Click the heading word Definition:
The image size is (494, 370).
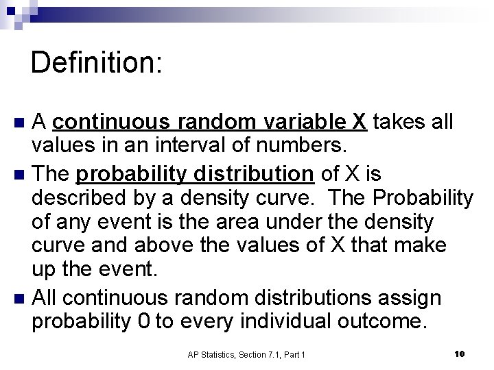point(97,62)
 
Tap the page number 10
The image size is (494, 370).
point(460,354)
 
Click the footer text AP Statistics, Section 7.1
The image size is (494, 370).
point(246,354)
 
